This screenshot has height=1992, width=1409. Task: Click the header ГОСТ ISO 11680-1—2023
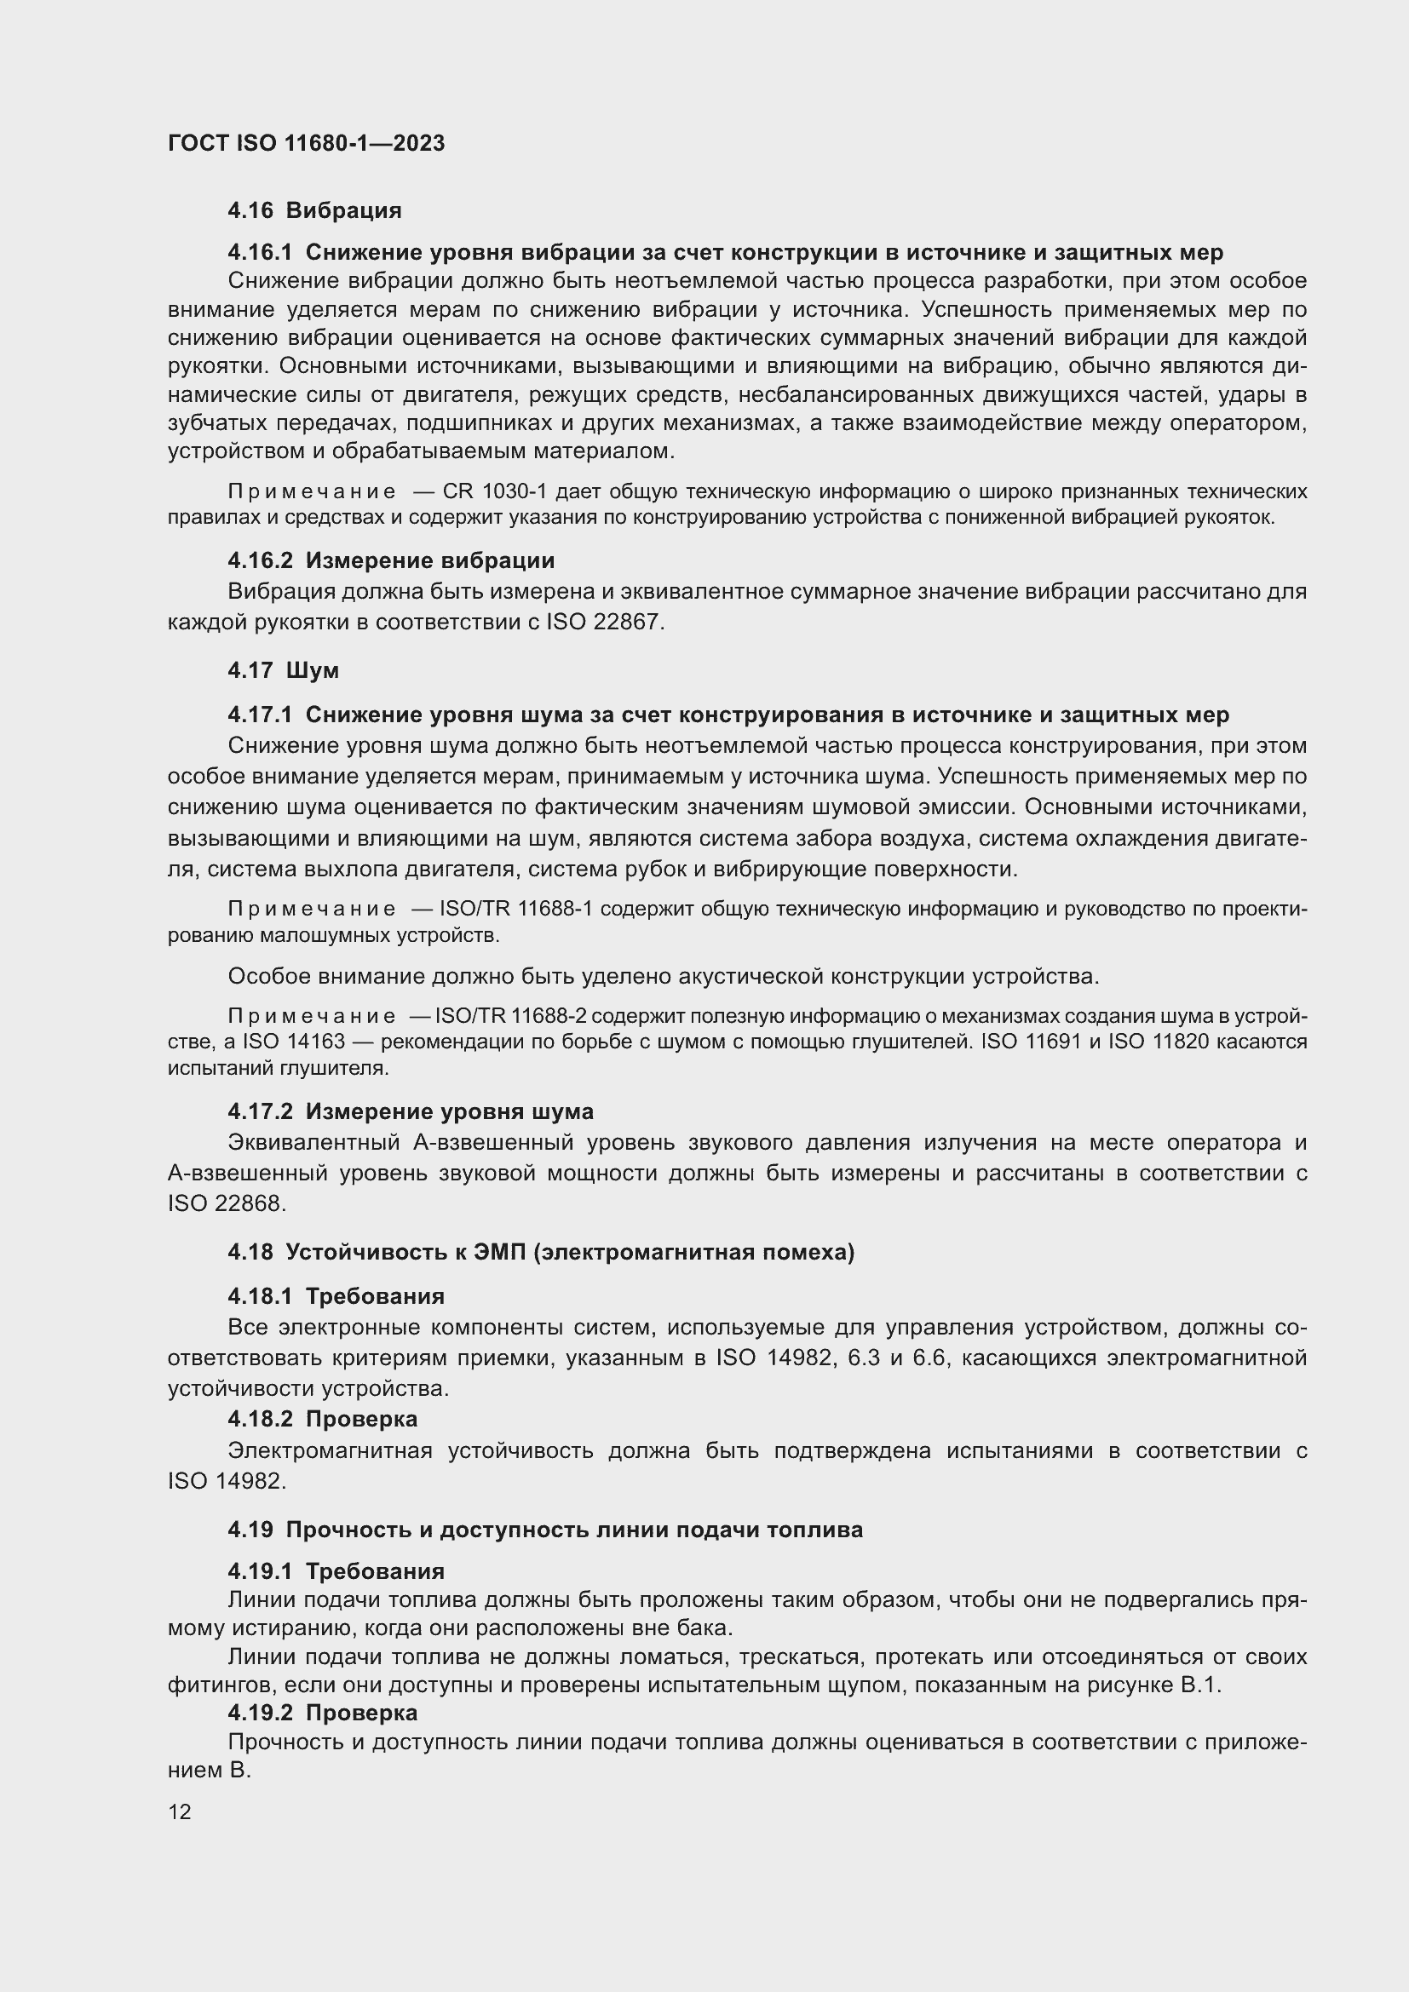coord(307,144)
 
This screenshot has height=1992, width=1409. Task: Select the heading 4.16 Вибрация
coord(314,211)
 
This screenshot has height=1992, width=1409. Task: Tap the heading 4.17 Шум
coord(283,670)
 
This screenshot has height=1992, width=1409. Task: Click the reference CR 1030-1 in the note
coord(495,492)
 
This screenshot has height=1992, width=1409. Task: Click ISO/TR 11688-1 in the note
coord(516,910)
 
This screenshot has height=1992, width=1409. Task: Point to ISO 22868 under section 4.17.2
coord(226,1203)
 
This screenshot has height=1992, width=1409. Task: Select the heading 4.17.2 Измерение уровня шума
coord(411,1111)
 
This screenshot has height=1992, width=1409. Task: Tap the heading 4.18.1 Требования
coord(336,1296)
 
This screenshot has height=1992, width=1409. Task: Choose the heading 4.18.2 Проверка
coord(322,1419)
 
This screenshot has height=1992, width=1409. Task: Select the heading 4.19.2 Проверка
coord(322,1713)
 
